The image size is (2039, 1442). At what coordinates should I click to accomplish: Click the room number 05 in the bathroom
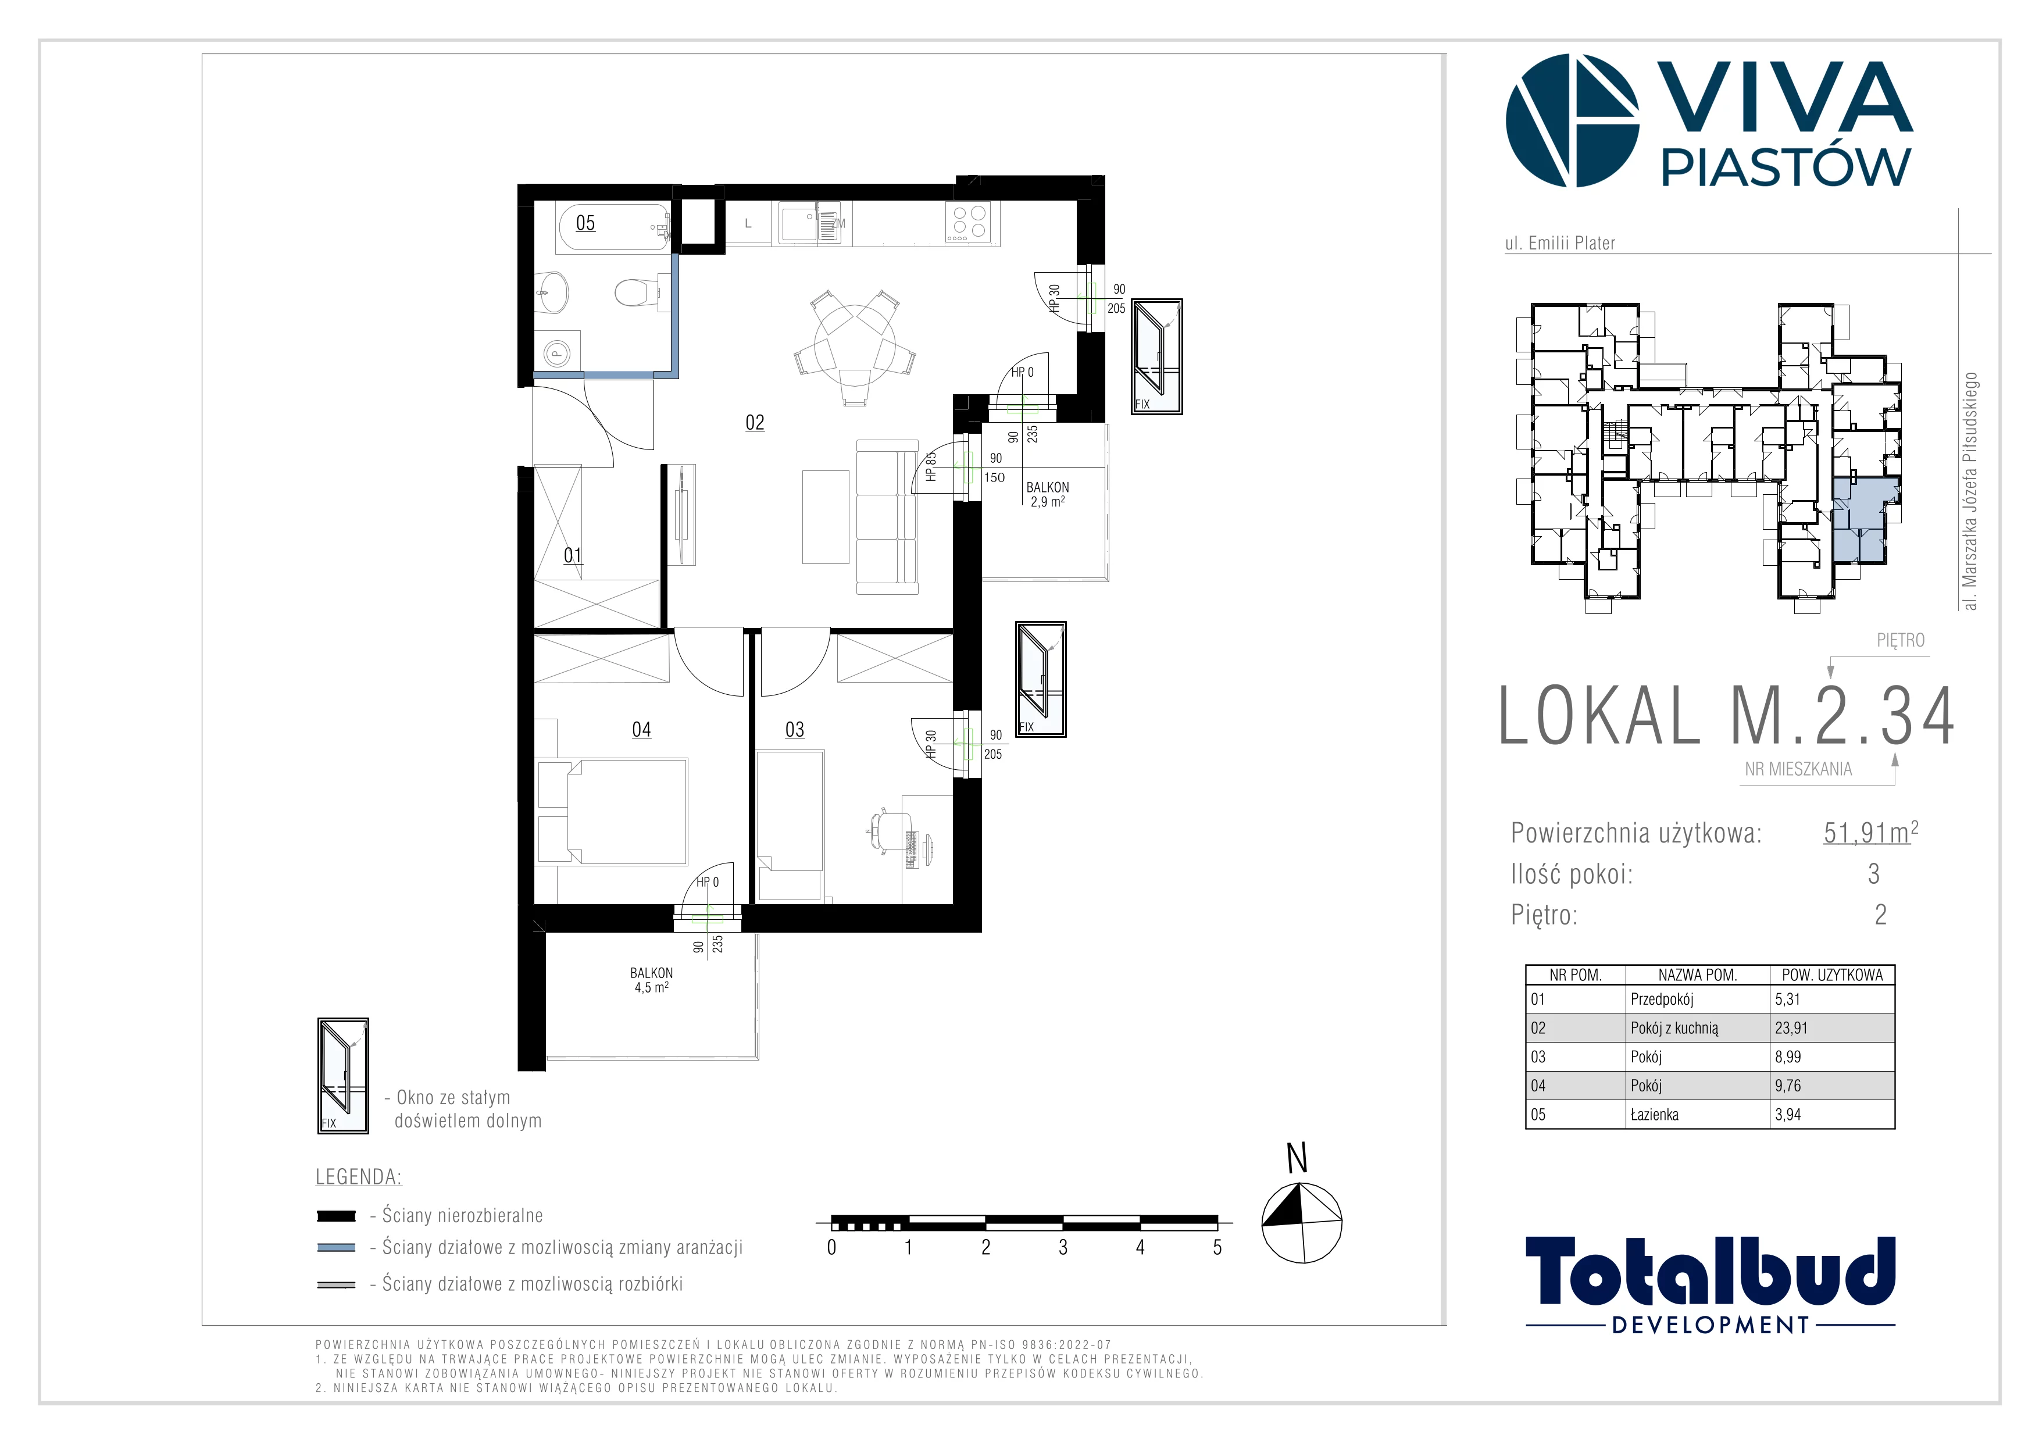(585, 223)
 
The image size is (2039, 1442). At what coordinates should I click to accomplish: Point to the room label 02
(755, 423)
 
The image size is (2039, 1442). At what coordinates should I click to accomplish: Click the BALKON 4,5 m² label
(652, 980)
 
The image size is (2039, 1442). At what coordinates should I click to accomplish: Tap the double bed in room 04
(613, 811)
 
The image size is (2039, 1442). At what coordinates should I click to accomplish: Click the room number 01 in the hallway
(573, 556)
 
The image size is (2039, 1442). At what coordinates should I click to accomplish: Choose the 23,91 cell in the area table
(1791, 1028)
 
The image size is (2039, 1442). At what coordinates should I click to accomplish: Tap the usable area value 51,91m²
(1870, 833)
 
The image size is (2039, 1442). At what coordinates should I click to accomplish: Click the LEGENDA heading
(359, 1177)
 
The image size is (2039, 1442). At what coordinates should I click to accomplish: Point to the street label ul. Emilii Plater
(1561, 243)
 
